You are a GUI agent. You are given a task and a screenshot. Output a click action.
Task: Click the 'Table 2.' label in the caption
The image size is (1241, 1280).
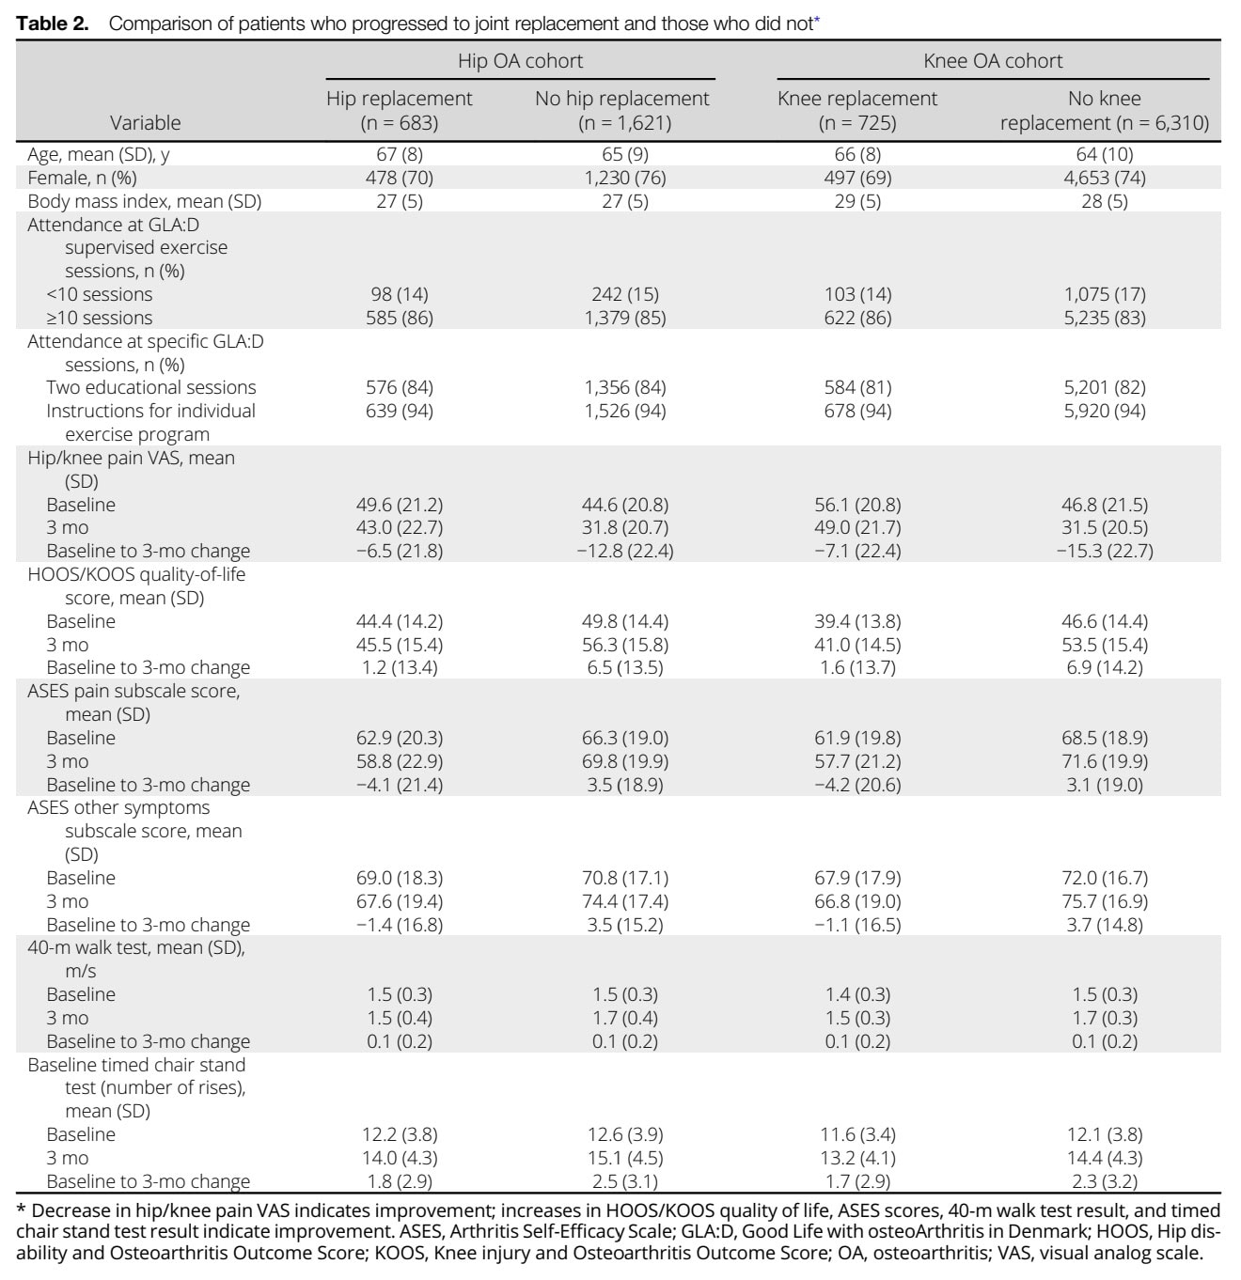click(x=52, y=23)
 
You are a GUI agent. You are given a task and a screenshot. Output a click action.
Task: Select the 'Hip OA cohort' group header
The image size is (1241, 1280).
click(x=520, y=61)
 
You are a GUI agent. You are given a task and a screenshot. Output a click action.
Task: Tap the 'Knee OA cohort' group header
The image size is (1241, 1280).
click(x=993, y=61)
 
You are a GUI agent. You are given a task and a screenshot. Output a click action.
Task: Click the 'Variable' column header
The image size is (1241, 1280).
click(x=145, y=123)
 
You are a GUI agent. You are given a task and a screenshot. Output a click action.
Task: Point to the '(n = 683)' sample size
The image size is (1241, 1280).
click(x=400, y=123)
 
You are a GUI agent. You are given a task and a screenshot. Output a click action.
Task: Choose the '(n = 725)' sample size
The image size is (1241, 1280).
click(x=857, y=123)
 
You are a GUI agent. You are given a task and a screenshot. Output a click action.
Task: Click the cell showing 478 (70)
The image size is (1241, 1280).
click(x=400, y=178)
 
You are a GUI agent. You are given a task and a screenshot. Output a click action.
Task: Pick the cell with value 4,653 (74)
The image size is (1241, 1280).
click(x=1104, y=178)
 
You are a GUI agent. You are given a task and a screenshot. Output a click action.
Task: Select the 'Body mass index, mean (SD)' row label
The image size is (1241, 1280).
click(x=145, y=201)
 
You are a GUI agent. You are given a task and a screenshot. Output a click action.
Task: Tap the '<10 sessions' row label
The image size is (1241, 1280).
click(x=100, y=294)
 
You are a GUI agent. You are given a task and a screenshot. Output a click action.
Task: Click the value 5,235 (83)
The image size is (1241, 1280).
click(x=1104, y=318)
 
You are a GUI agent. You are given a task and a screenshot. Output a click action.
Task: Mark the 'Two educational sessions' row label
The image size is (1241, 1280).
click(x=150, y=387)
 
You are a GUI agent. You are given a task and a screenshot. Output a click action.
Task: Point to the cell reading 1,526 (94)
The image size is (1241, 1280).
click(x=625, y=411)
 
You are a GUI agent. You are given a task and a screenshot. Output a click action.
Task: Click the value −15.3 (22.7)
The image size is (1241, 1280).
click(x=1104, y=551)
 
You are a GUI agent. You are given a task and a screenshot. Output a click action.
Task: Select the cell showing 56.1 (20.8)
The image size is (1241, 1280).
click(x=857, y=505)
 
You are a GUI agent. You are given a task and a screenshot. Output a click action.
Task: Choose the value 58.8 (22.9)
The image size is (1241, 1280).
click(x=400, y=761)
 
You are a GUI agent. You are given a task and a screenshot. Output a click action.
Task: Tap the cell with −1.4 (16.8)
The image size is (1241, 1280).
click(x=400, y=925)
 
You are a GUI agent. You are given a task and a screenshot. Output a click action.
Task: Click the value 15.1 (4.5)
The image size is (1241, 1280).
click(x=625, y=1158)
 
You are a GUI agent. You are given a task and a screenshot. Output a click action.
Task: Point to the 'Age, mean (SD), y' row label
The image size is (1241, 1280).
click(x=99, y=154)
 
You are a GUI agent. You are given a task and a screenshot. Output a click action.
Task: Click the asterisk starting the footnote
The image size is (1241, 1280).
click(x=21, y=1209)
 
